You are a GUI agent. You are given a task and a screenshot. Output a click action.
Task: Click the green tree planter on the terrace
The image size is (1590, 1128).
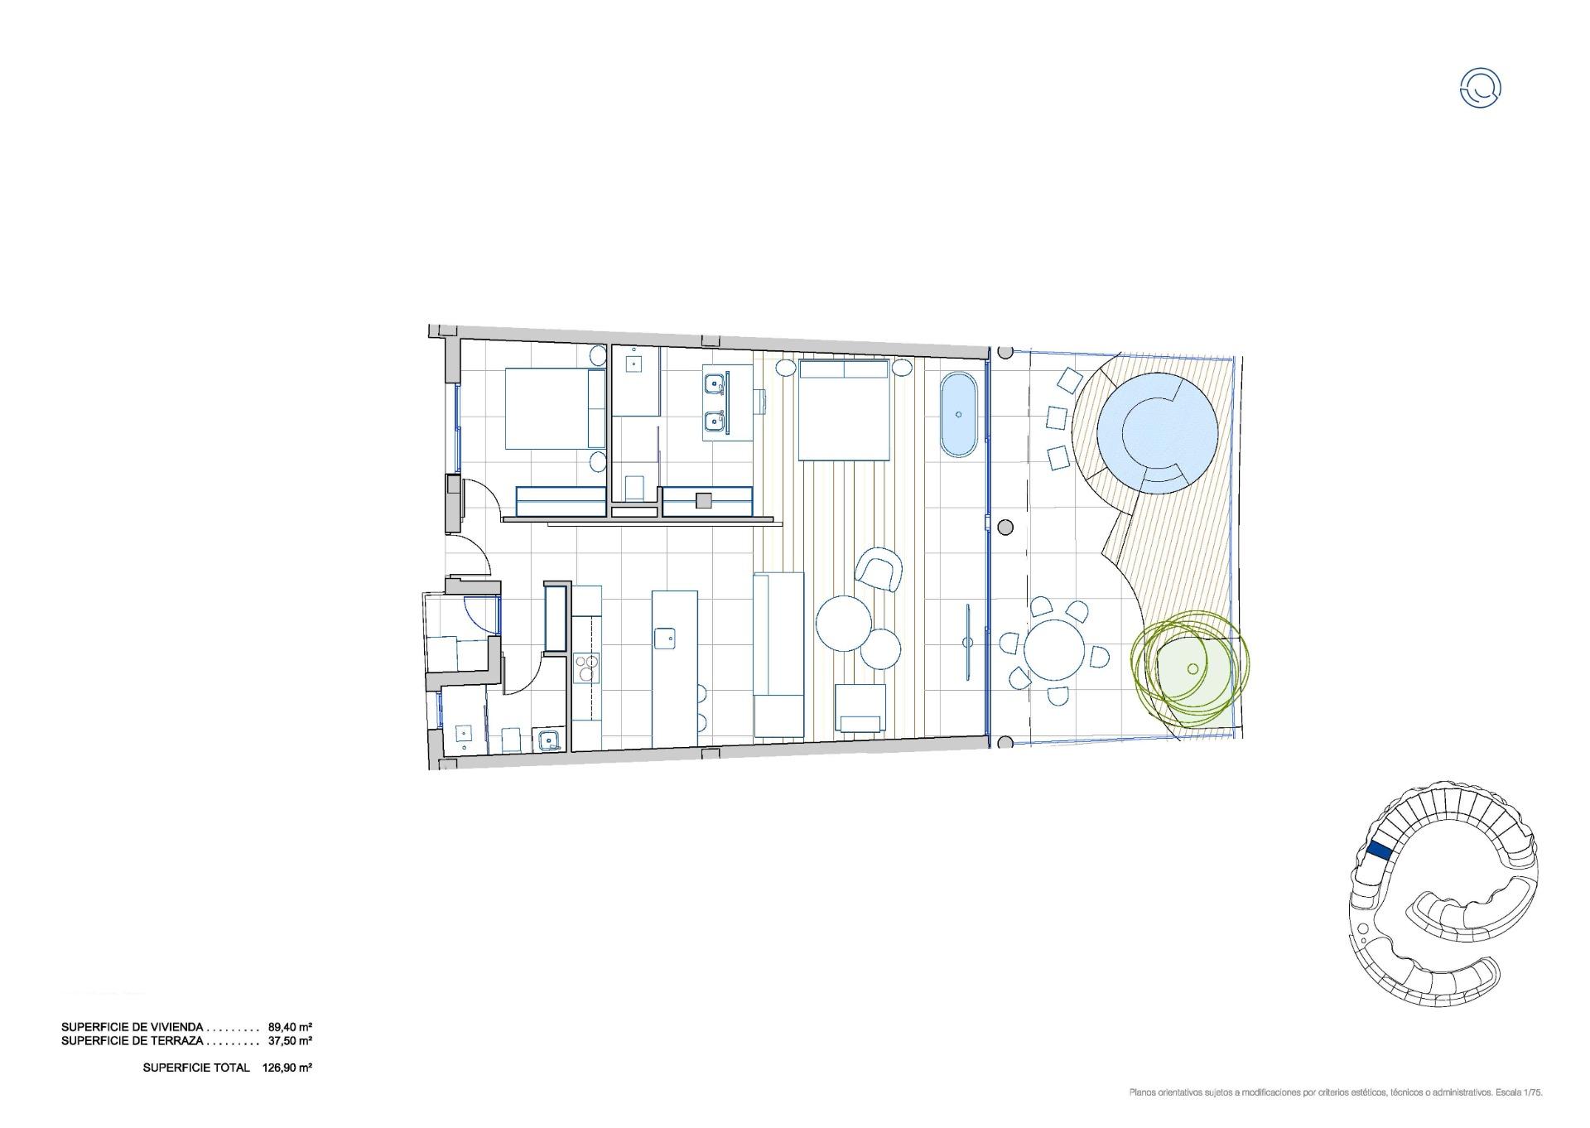click(1191, 668)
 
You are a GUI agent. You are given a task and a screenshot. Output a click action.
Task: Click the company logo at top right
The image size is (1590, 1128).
click(1480, 88)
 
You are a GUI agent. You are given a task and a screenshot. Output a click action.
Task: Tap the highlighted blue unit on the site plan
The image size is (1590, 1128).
click(1379, 850)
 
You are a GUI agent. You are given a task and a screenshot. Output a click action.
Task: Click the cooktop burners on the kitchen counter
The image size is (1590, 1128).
click(586, 668)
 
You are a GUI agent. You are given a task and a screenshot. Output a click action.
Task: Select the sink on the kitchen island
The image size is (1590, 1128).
click(664, 639)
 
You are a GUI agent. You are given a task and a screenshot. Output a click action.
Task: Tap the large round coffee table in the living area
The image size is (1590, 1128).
click(844, 624)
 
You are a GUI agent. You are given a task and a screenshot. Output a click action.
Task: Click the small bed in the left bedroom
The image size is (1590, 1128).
click(555, 409)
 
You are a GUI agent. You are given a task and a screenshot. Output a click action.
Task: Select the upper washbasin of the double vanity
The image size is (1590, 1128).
click(714, 383)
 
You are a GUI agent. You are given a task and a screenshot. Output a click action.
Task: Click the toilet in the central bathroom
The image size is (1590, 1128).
click(634, 487)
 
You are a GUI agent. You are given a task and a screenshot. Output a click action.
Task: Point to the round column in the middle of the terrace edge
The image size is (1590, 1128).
click(1005, 528)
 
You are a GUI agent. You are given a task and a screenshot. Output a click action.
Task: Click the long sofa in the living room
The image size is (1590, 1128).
click(778, 654)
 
